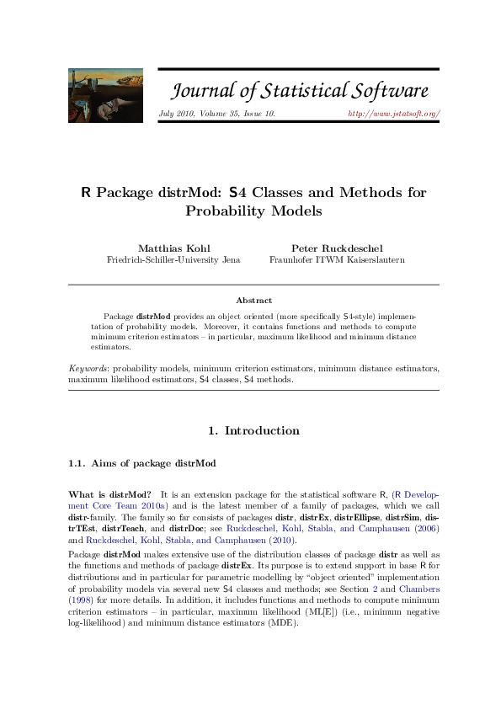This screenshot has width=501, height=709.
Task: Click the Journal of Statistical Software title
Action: tap(301, 91)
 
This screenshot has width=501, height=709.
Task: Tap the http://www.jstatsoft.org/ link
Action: tap(394, 113)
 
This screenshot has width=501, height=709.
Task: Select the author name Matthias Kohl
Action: tap(173, 248)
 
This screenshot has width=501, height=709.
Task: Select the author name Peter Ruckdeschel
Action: tap(336, 248)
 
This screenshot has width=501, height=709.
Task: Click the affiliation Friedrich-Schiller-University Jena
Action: tap(173, 260)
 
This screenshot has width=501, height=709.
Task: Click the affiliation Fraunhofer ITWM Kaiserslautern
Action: tap(336, 260)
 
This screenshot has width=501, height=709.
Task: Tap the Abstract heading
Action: tap(253, 300)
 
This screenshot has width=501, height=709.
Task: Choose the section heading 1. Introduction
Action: tap(253, 431)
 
